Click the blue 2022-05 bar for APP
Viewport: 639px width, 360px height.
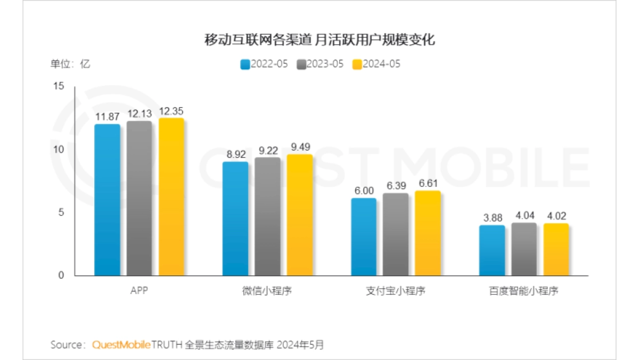(107, 200)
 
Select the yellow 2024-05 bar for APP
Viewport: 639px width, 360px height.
(171, 197)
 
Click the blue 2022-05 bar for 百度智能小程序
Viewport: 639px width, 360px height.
(492, 250)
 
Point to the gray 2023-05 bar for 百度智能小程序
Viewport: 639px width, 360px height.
(524, 249)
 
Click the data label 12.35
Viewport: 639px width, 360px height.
(171, 111)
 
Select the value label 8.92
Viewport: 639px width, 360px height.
(235, 154)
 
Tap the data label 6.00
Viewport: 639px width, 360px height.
(364, 191)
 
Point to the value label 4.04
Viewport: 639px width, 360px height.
(524, 216)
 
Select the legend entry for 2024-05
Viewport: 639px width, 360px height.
(376, 64)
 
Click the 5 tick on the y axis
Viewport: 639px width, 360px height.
(61, 212)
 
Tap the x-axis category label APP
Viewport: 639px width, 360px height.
(139, 291)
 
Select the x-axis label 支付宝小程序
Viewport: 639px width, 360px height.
(396, 291)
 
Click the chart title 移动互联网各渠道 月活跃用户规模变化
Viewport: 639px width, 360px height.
(319, 40)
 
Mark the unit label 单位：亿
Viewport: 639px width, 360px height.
(70, 64)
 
